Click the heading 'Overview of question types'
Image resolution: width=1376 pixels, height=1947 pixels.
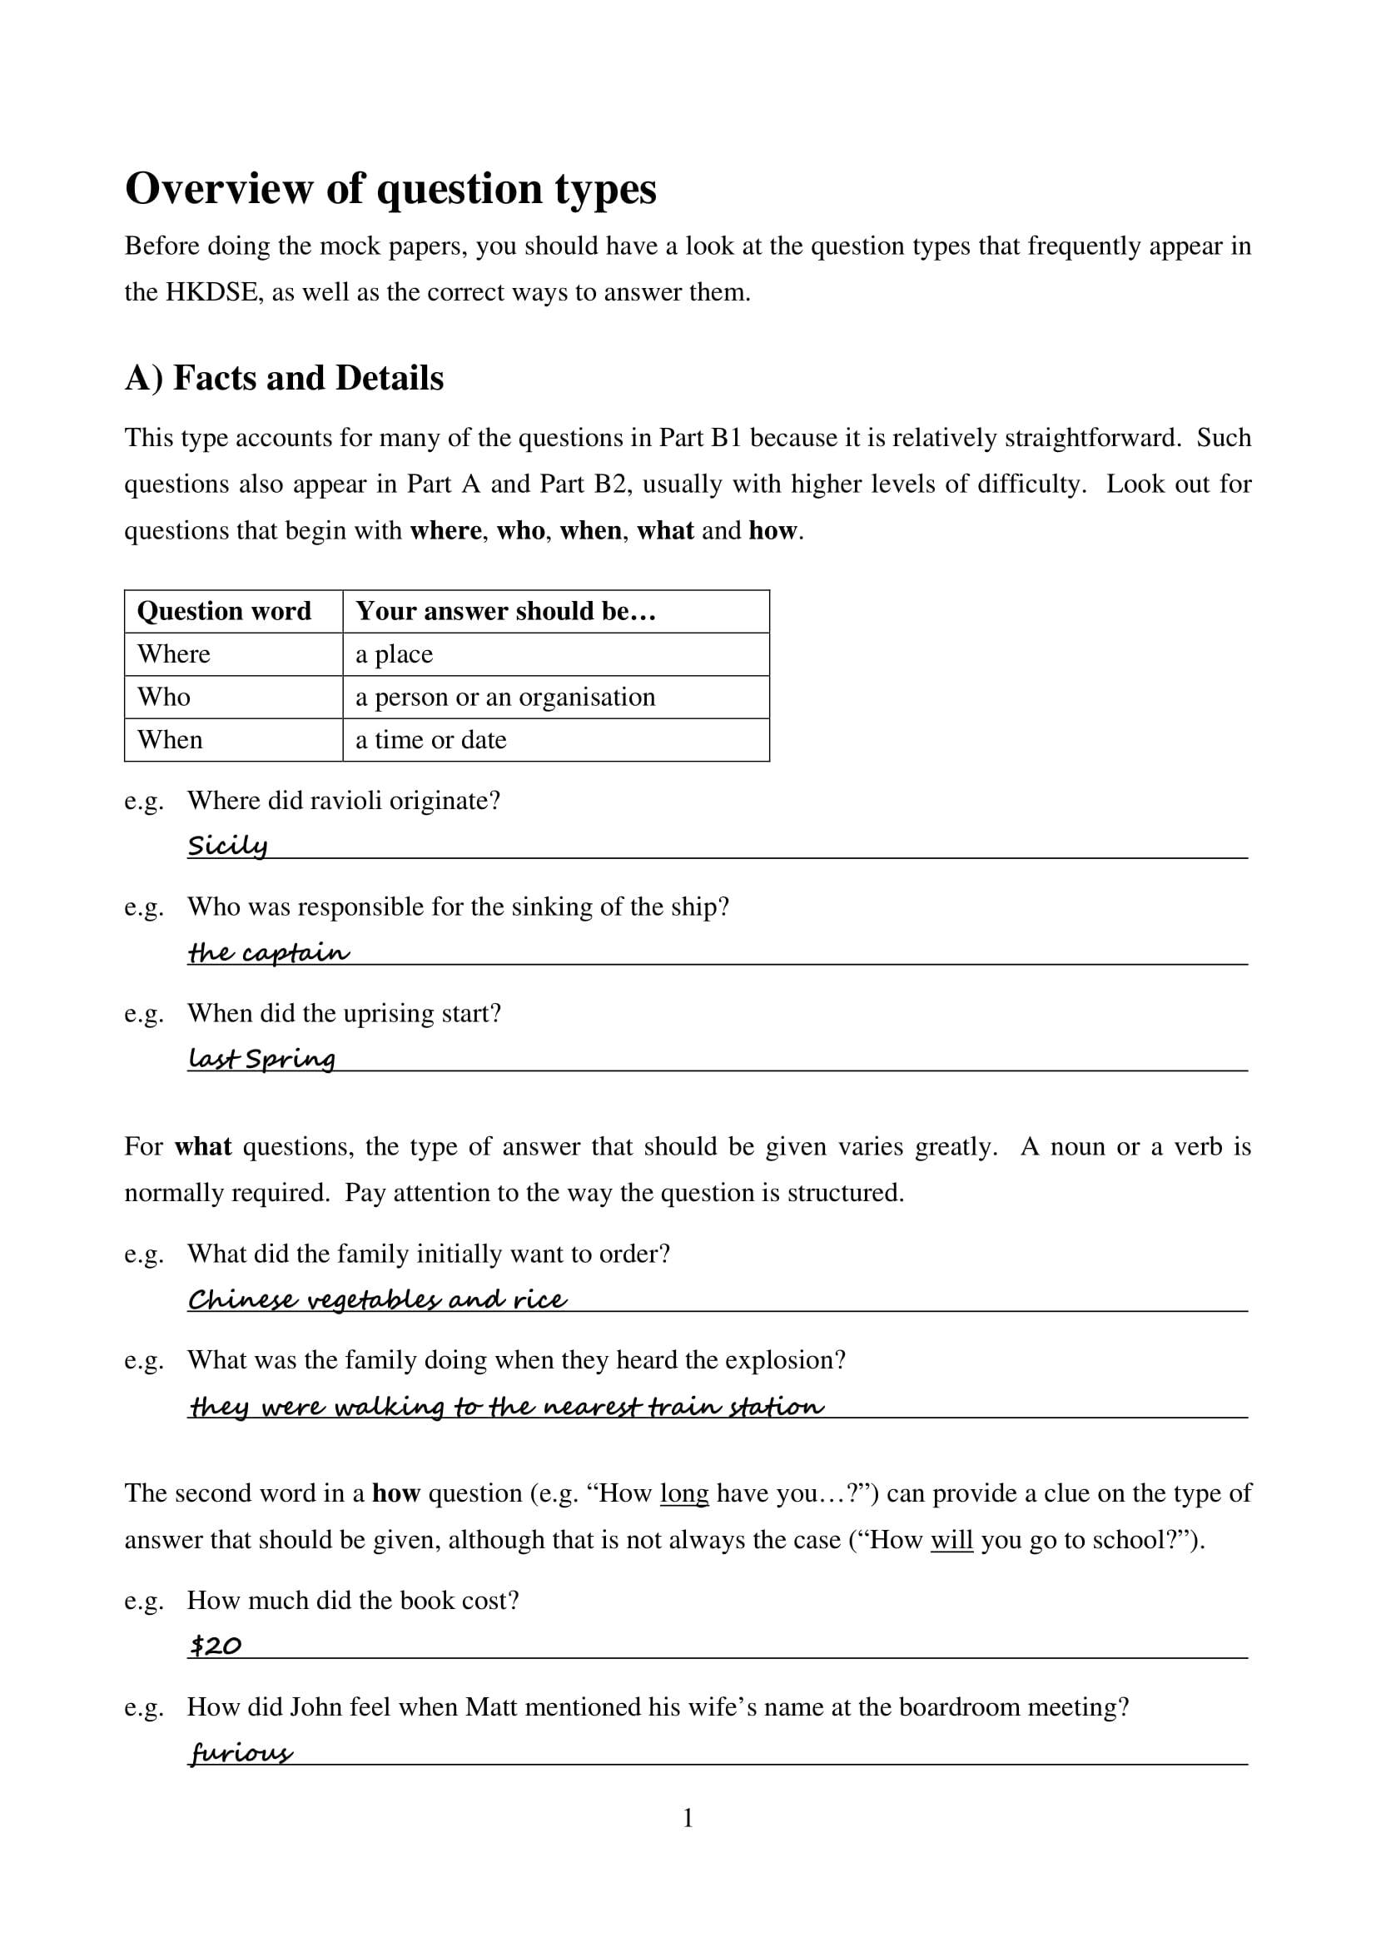(x=390, y=188)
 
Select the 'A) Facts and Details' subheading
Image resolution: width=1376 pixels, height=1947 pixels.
(x=284, y=378)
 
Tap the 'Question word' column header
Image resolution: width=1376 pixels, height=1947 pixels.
(x=224, y=612)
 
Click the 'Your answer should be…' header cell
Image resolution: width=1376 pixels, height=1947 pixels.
(x=505, y=612)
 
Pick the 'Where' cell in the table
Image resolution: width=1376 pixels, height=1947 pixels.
(x=174, y=653)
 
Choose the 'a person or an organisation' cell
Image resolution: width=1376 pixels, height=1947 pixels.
(x=505, y=697)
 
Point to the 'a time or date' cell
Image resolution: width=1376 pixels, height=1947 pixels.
(x=430, y=740)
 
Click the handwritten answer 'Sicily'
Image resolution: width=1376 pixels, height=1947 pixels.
(x=227, y=846)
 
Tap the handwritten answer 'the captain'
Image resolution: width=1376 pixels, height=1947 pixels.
(x=268, y=952)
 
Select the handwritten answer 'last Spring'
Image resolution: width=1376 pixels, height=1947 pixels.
(x=261, y=1058)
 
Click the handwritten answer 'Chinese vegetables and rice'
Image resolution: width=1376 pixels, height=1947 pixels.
(x=377, y=1300)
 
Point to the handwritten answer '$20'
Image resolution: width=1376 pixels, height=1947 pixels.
(x=216, y=1646)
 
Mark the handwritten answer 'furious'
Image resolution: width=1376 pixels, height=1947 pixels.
(x=241, y=1753)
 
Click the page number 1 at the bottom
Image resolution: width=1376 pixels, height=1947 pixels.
(x=688, y=1818)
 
